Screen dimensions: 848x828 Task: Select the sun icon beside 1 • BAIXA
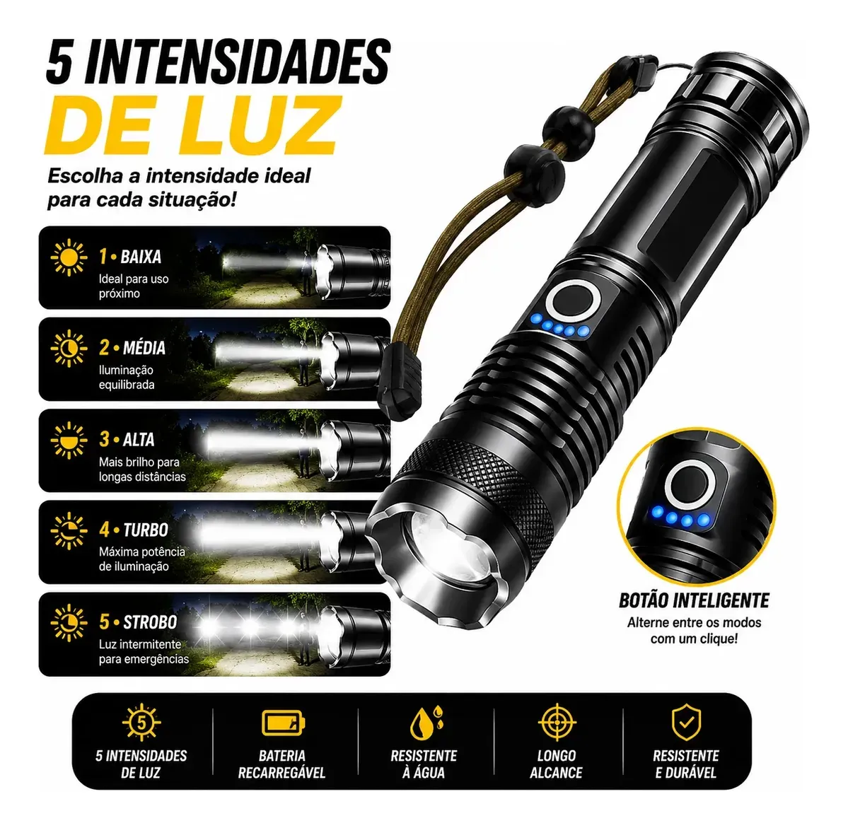click(x=69, y=257)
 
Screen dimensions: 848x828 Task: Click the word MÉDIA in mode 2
click(x=144, y=348)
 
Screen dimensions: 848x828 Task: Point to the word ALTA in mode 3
click(x=139, y=439)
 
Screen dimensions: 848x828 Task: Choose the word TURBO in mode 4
click(x=146, y=530)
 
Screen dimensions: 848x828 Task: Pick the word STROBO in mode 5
click(x=150, y=622)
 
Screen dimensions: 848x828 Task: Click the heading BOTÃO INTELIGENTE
click(x=694, y=600)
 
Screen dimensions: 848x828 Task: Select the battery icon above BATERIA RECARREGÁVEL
click(x=284, y=723)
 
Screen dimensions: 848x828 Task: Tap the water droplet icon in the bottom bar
click(x=426, y=723)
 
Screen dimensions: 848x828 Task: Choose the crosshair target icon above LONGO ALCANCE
click(x=557, y=723)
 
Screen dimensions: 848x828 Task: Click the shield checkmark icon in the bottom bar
click(x=686, y=723)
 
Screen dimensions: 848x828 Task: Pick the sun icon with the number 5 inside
click(x=141, y=723)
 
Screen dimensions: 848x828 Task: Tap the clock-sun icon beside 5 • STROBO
click(x=69, y=623)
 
